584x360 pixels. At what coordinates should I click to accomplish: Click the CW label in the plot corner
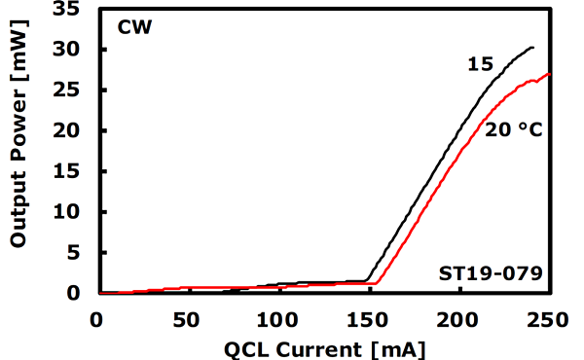coord(133,26)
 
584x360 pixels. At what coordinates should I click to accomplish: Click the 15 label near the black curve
coord(480,64)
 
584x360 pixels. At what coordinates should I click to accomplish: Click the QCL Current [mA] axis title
coord(324,346)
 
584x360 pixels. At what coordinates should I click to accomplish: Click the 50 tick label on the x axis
coord(187,317)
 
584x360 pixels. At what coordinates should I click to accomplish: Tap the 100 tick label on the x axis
coord(277,317)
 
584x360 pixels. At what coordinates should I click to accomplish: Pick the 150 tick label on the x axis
coord(368,317)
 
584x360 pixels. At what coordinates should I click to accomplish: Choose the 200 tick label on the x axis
coord(459,317)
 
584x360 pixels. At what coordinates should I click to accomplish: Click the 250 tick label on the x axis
coord(549,317)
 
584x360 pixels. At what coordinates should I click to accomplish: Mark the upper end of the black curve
coord(533,47)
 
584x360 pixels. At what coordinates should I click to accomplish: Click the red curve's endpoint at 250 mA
coord(550,74)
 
